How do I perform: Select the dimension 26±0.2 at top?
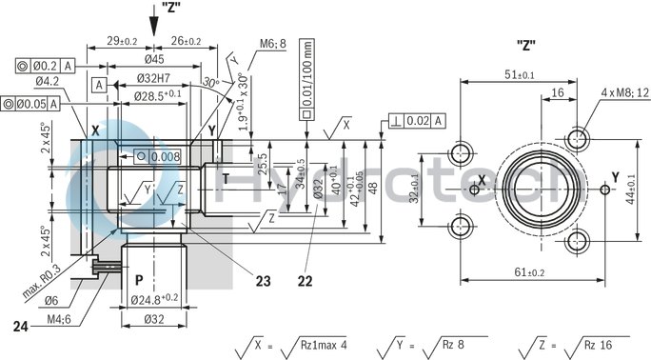pyautogui.click(x=184, y=41)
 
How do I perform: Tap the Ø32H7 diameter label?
pyautogui.click(x=154, y=77)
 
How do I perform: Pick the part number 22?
pyautogui.click(x=305, y=281)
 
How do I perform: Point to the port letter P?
pyautogui.click(x=139, y=281)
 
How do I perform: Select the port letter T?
pyautogui.click(x=226, y=178)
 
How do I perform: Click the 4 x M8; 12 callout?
pyautogui.click(x=625, y=92)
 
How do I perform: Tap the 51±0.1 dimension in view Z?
pyautogui.click(x=519, y=74)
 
